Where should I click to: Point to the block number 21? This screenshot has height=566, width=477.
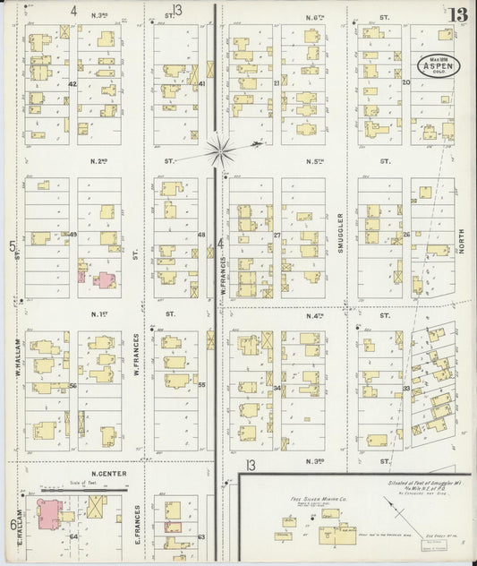(x=277, y=83)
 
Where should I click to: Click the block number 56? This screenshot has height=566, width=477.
(x=72, y=385)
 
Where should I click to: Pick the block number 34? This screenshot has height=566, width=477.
(x=277, y=388)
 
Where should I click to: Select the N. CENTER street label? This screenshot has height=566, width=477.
(x=106, y=474)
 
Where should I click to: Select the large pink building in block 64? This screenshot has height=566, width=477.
(x=45, y=514)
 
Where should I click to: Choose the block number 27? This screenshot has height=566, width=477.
(x=277, y=236)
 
